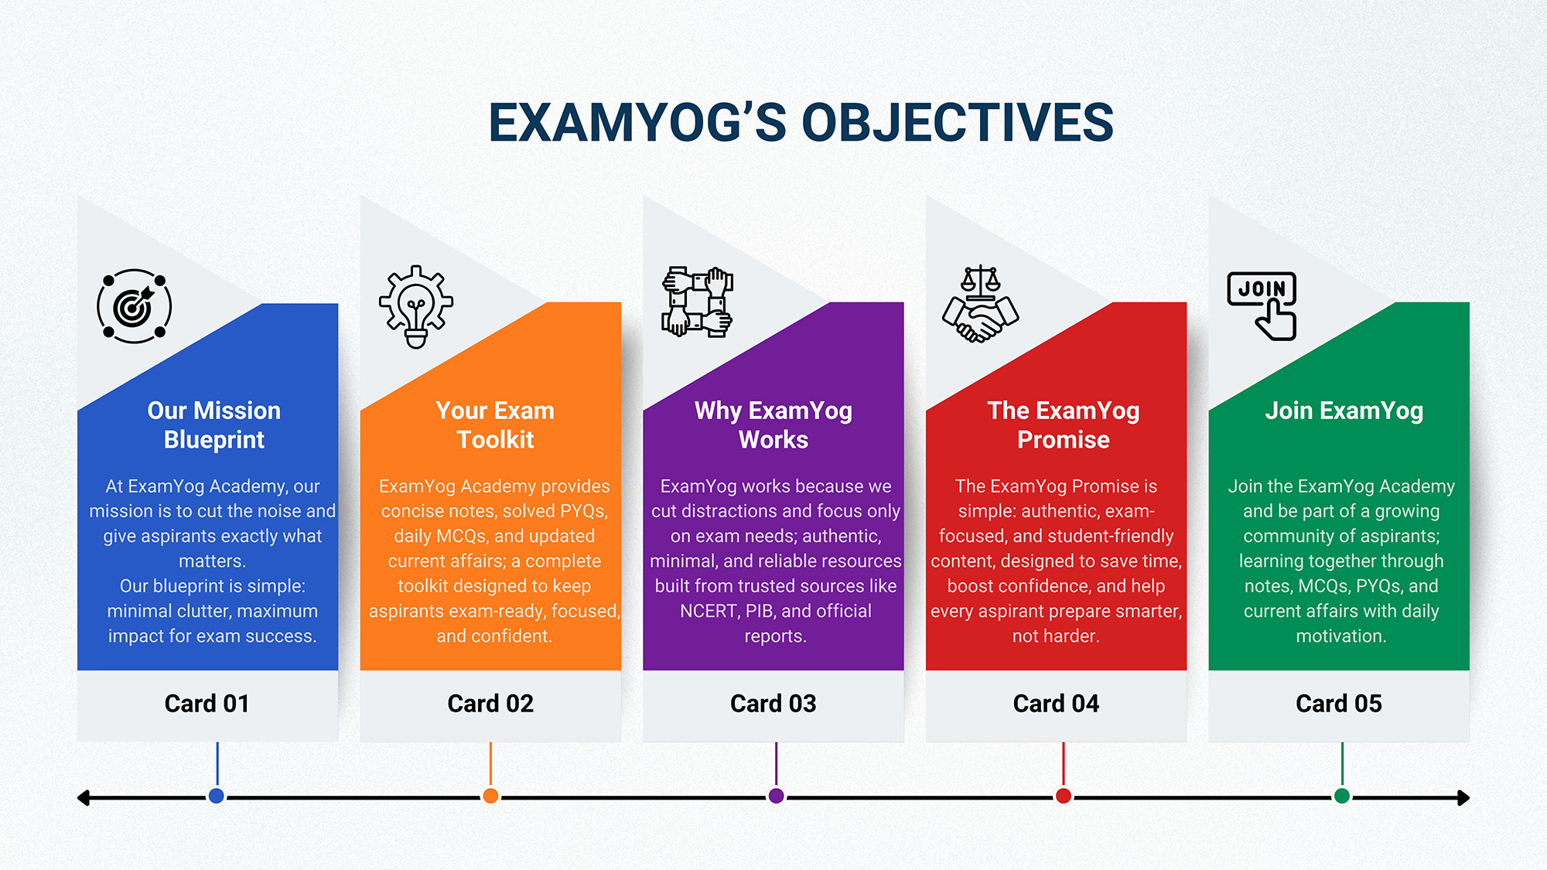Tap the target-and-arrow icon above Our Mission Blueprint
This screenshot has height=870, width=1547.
pos(134,306)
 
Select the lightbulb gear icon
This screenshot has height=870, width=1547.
pos(416,306)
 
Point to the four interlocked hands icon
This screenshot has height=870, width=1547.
pos(697,302)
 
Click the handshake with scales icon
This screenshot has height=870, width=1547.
pos(980,304)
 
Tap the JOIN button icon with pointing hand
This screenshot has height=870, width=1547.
pos(1262,305)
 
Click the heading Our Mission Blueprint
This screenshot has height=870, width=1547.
pos(213,425)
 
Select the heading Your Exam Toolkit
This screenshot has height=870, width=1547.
pos(495,425)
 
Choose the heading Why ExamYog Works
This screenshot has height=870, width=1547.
pos(773,425)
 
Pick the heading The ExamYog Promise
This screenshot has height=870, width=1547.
pos(1063,425)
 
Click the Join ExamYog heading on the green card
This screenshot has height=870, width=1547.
pos(1344,411)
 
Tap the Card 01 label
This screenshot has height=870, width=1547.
pos(207,704)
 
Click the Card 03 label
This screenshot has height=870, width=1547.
pos(773,704)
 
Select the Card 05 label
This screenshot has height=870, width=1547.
pos(1339,704)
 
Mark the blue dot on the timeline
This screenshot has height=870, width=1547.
pos(217,796)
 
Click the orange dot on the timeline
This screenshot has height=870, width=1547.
pos(490,796)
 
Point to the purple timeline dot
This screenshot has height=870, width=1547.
pos(776,796)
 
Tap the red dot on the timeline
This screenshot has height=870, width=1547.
pos(1064,796)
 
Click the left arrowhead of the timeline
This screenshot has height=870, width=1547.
pos(84,797)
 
